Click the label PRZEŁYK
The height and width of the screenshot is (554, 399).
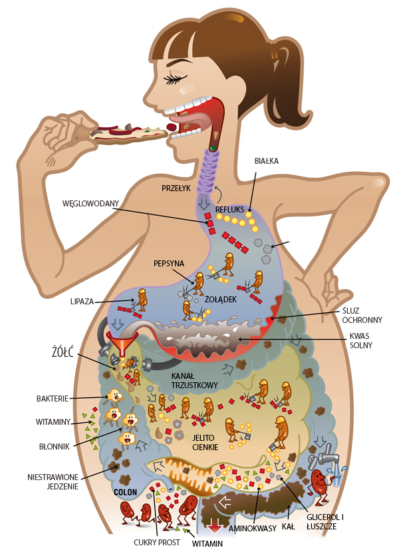click(176, 188)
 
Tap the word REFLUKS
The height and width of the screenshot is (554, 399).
click(230, 208)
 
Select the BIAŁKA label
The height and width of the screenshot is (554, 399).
click(266, 161)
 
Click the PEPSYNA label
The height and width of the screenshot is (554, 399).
click(168, 263)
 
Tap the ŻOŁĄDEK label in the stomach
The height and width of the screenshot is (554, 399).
click(221, 300)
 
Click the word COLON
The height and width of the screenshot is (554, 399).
click(126, 493)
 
